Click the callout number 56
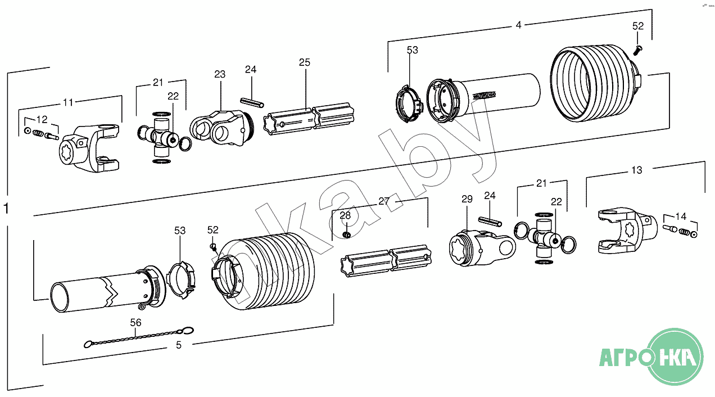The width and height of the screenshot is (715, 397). click(x=136, y=322)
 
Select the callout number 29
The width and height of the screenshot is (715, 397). click(x=467, y=199)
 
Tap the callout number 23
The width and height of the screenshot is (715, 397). click(x=220, y=74)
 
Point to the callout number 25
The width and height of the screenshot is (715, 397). click(x=304, y=62)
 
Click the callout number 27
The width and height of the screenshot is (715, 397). click(x=384, y=201)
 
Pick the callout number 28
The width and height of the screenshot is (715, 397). click(x=345, y=215)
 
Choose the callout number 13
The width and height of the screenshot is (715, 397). click(x=636, y=170)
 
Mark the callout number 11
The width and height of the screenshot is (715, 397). click(x=68, y=102)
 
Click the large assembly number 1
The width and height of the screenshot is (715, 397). click(x=6, y=209)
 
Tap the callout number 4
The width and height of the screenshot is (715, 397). click(x=518, y=25)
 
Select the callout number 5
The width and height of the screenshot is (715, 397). click(x=179, y=345)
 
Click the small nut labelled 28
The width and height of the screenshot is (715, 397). click(x=347, y=234)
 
